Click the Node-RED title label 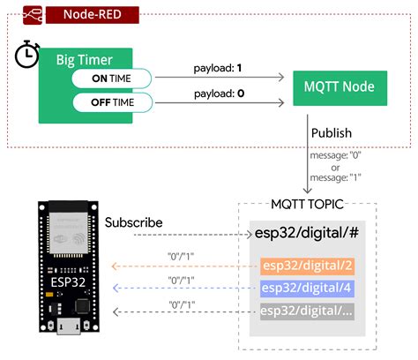tap(92, 15)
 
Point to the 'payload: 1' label tap(217, 67)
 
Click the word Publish tap(332, 133)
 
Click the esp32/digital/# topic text tap(305, 235)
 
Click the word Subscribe tap(133, 222)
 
